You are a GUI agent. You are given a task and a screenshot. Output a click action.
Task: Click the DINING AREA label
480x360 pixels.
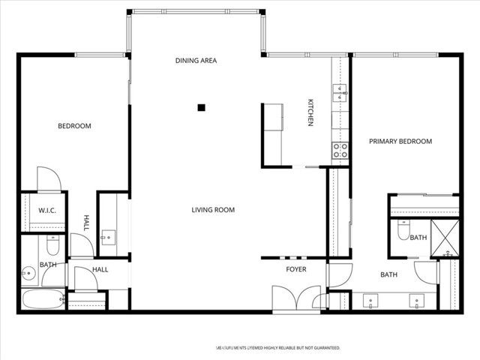tap(196, 61)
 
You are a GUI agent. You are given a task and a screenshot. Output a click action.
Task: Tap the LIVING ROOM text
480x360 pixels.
tap(213, 210)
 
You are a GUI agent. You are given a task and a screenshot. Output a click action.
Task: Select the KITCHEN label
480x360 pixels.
tap(309, 112)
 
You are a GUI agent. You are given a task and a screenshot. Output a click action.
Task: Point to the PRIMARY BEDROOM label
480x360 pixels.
tap(400, 142)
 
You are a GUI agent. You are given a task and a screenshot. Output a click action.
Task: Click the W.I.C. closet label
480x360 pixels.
tap(46, 211)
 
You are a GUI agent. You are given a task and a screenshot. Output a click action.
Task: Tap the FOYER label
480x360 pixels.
tap(296, 268)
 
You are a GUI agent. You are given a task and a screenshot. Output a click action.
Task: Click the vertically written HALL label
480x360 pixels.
tap(86, 223)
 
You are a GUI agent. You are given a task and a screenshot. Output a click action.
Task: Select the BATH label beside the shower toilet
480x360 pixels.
tap(418, 238)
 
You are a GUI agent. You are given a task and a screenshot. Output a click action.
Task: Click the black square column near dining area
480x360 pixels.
tap(201, 108)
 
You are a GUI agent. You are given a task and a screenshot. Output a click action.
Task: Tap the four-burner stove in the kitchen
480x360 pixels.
tap(340, 149)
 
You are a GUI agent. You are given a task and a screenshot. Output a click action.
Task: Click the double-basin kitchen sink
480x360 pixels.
tap(341, 93)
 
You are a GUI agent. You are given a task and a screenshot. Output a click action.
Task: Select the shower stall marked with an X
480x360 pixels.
tap(448, 238)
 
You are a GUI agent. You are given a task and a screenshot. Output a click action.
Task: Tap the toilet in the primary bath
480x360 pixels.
tap(402, 233)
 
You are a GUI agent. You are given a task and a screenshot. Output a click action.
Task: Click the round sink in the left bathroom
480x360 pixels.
tap(28, 273)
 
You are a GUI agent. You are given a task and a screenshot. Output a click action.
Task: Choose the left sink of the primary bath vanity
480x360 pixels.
tap(370, 301)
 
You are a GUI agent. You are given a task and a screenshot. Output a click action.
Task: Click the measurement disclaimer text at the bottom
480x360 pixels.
tap(278, 348)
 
